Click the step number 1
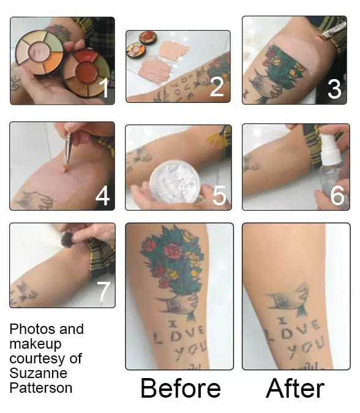coord(105,88)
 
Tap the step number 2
coord(216,86)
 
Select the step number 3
coord(334,88)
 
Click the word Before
coord(180,388)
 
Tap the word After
coord(295,388)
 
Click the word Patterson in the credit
coord(40,387)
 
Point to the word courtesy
coord(45,358)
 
